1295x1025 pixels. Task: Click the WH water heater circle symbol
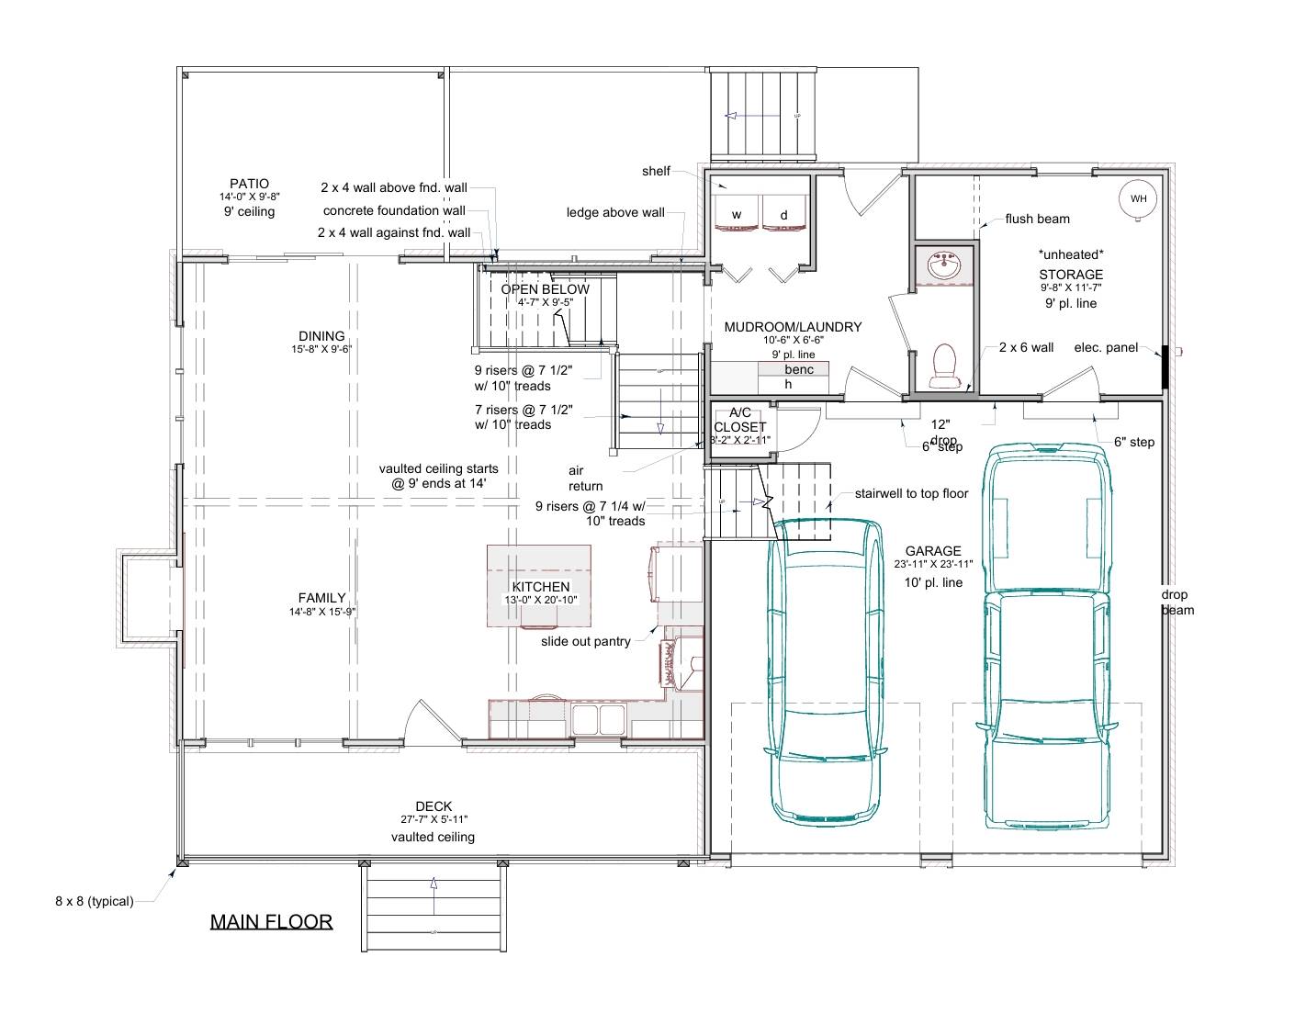(1138, 199)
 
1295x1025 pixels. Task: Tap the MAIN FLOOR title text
(271, 921)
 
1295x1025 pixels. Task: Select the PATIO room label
(249, 184)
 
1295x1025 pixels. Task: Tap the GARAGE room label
(933, 551)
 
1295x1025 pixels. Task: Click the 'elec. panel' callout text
(1106, 347)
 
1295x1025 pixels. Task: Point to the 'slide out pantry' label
(585, 641)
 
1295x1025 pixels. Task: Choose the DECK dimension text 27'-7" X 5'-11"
(433, 819)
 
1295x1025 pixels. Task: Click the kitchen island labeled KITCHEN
(539, 586)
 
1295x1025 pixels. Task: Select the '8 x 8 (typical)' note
(94, 901)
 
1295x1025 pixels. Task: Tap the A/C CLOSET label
(740, 421)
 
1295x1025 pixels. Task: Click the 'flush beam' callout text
(1037, 219)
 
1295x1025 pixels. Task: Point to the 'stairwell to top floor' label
(911, 493)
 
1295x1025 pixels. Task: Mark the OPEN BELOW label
(545, 289)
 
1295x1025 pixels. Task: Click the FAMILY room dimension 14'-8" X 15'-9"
(321, 611)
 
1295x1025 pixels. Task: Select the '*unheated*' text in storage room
(1071, 253)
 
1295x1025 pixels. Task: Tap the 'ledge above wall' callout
(615, 212)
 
